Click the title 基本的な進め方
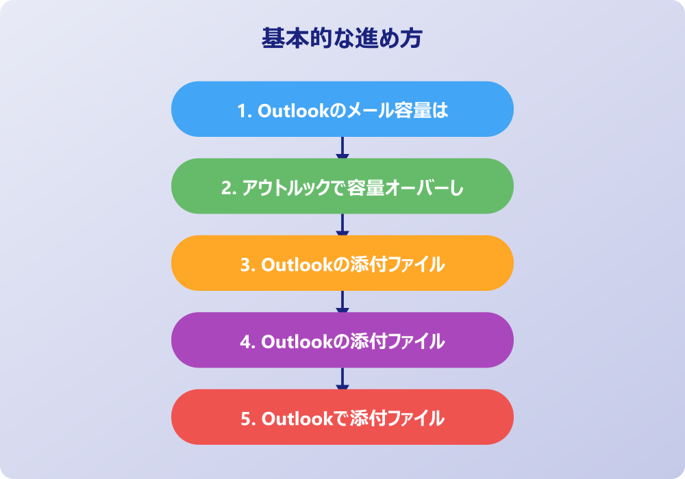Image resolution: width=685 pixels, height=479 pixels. coord(342,38)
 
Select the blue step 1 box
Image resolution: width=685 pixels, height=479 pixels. coord(342,109)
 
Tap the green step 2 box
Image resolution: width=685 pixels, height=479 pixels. coord(342,186)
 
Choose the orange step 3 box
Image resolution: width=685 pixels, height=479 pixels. coord(342,263)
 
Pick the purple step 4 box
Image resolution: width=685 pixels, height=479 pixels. coord(342,340)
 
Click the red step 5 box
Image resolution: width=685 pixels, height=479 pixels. coord(342,417)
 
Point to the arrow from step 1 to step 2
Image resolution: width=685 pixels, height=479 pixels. coord(342,147)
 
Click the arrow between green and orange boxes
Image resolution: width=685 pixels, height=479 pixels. coord(342,224)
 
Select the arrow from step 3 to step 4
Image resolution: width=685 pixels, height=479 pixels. coord(342,302)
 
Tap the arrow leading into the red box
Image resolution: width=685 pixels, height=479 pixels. coord(342,378)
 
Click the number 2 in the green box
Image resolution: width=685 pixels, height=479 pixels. coord(227,188)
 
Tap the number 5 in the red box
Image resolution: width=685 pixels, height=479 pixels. coord(247,419)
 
